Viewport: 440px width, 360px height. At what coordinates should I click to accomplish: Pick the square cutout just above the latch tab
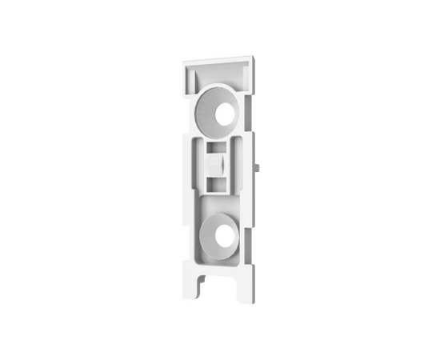pos(218,149)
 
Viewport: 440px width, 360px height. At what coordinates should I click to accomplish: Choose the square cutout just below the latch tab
pos(218,183)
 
